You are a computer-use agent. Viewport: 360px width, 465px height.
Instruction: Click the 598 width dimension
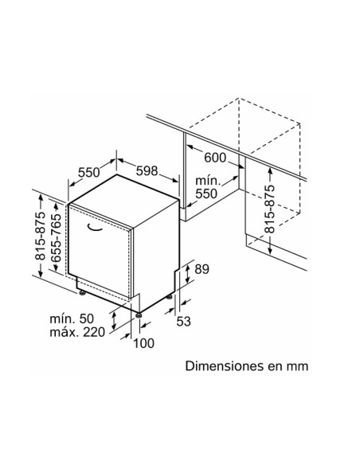147,171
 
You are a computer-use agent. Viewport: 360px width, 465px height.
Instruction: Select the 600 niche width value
215,158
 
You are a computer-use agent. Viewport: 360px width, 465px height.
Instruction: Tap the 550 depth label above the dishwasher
89,172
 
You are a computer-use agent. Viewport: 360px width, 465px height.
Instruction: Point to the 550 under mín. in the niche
206,193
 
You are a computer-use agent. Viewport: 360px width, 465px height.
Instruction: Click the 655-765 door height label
56,237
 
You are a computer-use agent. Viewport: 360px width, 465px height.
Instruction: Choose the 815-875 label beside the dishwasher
40,236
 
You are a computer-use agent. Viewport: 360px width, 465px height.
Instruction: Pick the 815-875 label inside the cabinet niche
269,209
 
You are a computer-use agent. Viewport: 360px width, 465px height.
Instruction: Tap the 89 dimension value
202,269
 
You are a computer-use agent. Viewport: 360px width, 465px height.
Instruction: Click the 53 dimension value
183,321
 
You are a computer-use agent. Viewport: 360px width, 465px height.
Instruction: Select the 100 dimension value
143,343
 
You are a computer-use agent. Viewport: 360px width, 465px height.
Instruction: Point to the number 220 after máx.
94,332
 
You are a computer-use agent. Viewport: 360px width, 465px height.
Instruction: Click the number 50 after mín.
86,318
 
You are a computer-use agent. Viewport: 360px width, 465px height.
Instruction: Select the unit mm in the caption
297,367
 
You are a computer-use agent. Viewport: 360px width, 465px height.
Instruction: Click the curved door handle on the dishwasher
95,229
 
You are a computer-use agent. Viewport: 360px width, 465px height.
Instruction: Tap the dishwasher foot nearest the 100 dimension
139,315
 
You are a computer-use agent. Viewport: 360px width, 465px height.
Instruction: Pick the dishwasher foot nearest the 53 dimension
169,296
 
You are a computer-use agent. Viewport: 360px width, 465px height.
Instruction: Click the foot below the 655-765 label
82,293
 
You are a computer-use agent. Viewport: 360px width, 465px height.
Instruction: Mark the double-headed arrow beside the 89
187,274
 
